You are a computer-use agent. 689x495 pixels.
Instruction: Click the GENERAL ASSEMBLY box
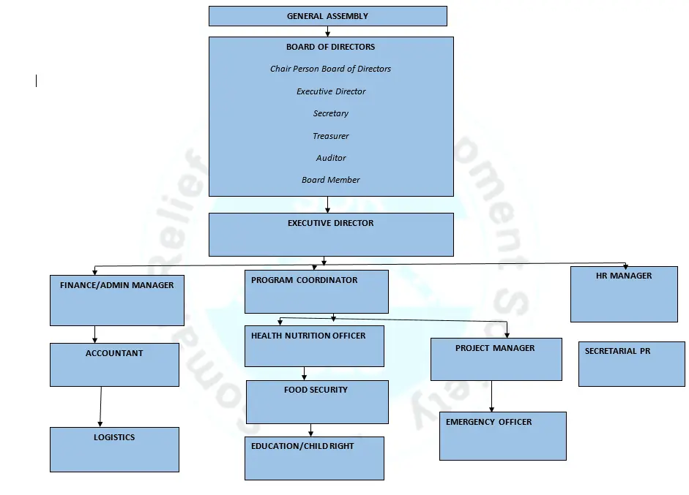pos(327,16)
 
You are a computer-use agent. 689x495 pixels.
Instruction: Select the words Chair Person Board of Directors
pos(330,69)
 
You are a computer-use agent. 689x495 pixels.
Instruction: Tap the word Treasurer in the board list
pos(330,136)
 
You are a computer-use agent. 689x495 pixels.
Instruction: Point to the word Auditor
pos(330,158)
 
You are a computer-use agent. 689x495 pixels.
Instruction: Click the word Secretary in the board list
pos(330,113)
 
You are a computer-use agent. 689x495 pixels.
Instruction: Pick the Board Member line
pos(330,180)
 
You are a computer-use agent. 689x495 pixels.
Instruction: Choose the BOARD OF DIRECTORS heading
pos(330,47)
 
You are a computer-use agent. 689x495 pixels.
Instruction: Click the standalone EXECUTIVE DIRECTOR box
pos(330,235)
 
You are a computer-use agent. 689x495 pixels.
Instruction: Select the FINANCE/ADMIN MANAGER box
pos(116,300)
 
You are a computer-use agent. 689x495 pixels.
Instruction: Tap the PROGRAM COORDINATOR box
pos(316,292)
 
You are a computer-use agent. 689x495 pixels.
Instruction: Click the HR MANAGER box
pos(623,294)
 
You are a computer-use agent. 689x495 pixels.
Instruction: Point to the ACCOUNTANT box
pos(114,364)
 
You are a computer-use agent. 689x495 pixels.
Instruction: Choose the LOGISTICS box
pos(114,449)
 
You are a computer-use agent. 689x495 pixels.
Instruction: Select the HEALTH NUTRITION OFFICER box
pos(314,346)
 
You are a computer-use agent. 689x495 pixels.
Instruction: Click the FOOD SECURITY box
pos(316,401)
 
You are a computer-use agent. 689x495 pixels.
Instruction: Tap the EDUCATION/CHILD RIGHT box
pos(314,458)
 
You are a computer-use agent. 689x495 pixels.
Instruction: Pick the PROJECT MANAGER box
pos(496,359)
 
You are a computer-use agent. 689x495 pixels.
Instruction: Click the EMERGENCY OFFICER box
pos(502,436)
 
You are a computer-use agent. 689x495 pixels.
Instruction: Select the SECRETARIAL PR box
pos(631,363)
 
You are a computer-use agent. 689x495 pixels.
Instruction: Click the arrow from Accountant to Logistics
pos(100,407)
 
